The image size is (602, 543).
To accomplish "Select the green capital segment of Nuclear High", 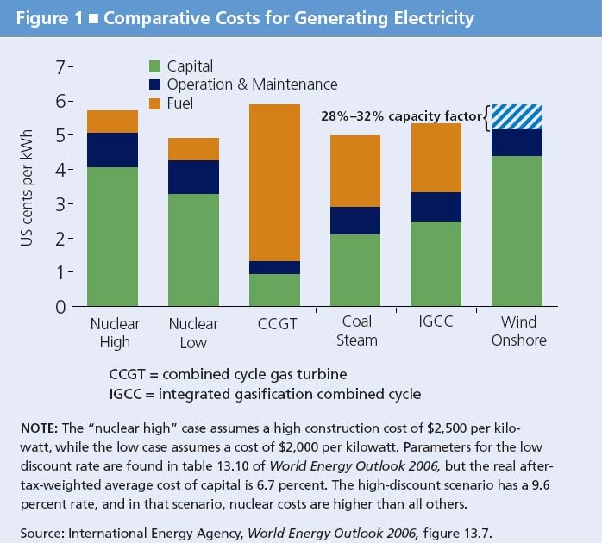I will pyautogui.click(x=113, y=237).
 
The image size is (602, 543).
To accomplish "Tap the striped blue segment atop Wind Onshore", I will pyautogui.click(x=517, y=116).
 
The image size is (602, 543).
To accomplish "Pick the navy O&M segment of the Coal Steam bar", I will pyautogui.click(x=356, y=221).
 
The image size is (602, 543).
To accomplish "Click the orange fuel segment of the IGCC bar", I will pyautogui.click(x=436, y=158).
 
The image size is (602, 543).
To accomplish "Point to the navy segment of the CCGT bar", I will pyautogui.click(x=275, y=267).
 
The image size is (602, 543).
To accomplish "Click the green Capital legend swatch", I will pyautogui.click(x=155, y=66).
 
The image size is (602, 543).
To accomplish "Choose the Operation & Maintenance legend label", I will pyautogui.click(x=252, y=84).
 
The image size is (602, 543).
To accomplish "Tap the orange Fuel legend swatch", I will pyautogui.click(x=155, y=103).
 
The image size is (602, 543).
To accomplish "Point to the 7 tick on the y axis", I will pyautogui.click(x=60, y=68).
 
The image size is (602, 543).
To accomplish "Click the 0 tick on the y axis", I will pyautogui.click(x=60, y=307).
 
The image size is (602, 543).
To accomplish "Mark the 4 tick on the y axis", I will pyautogui.click(x=60, y=171).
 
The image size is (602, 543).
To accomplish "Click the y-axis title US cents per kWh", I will pyautogui.click(x=28, y=187).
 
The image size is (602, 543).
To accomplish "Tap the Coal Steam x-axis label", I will pyautogui.click(x=356, y=331).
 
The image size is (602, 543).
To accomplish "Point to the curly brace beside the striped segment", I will pyautogui.click(x=486, y=116).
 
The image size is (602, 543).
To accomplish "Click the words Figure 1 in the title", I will pyautogui.click(x=45, y=17).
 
